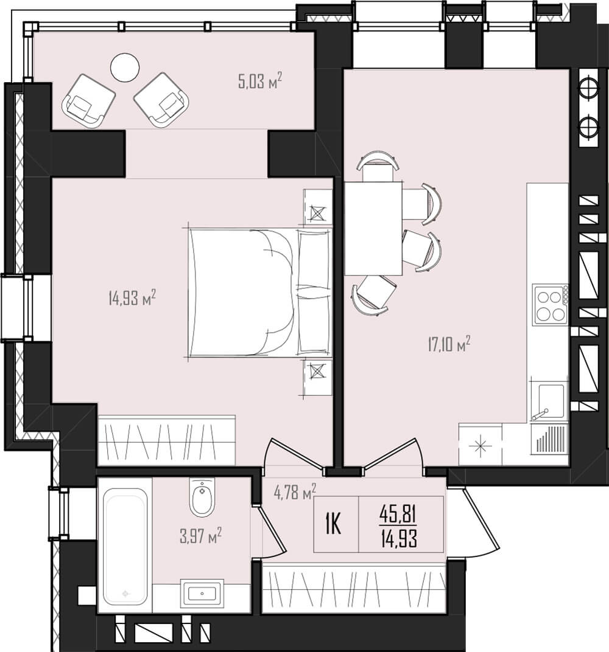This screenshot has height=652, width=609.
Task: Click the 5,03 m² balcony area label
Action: (x=260, y=80)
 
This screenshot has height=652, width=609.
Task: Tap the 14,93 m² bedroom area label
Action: (x=132, y=298)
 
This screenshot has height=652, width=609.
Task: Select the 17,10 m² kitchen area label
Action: (x=449, y=344)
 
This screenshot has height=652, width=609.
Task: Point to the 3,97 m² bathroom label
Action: (x=200, y=536)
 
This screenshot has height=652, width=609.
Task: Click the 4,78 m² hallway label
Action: (x=295, y=491)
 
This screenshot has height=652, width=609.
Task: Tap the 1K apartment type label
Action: (x=334, y=524)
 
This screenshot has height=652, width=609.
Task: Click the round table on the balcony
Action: (x=125, y=68)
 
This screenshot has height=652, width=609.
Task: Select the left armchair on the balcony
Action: (x=88, y=101)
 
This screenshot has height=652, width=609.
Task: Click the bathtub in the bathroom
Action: (x=125, y=545)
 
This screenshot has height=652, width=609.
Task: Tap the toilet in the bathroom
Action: (x=202, y=498)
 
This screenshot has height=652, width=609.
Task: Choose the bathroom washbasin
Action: (x=202, y=593)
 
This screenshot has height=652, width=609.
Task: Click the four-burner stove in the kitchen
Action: (x=551, y=305)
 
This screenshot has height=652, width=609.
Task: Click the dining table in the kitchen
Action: (x=373, y=228)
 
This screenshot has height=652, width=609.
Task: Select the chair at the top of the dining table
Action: (x=378, y=166)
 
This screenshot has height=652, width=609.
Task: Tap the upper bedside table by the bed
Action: (x=318, y=207)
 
